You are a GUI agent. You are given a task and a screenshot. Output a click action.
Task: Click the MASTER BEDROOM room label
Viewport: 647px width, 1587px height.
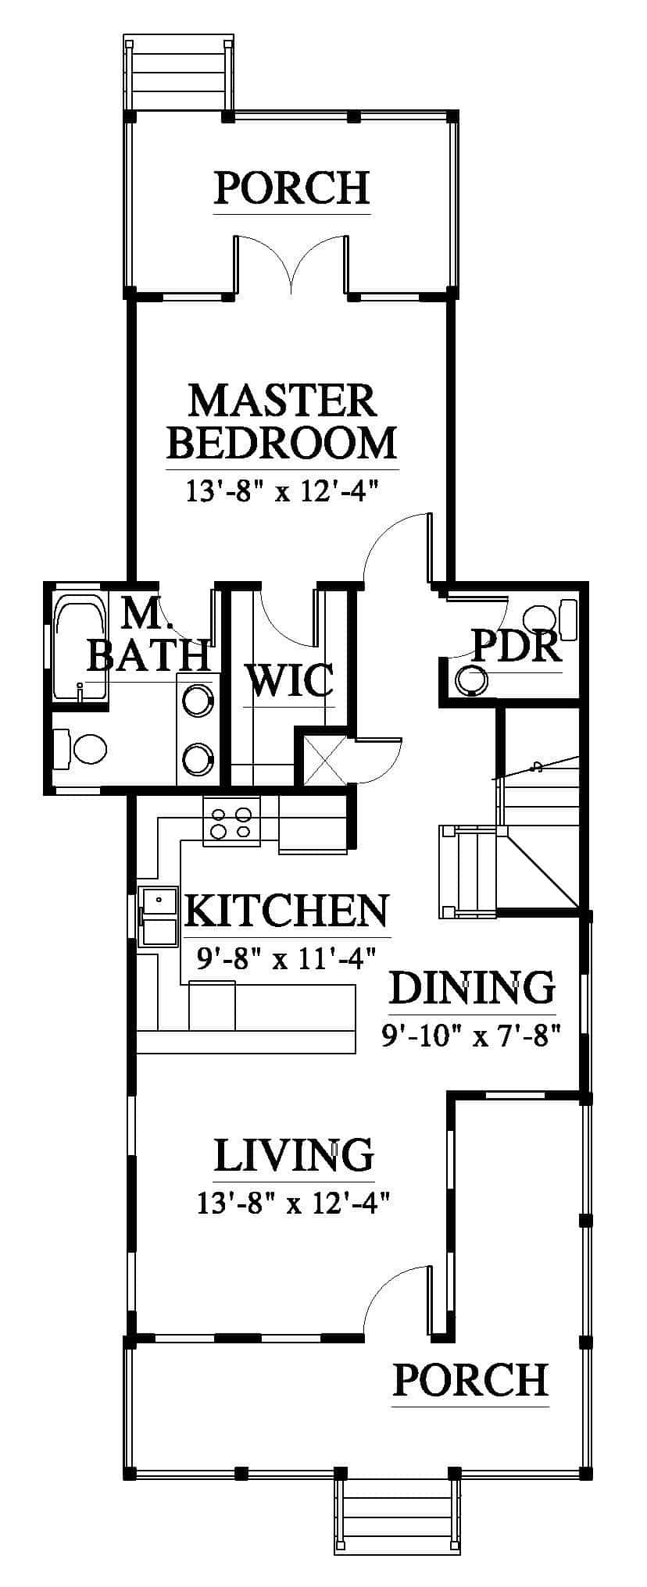point(282,422)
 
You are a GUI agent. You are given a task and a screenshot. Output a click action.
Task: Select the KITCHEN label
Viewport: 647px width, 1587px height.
point(287,910)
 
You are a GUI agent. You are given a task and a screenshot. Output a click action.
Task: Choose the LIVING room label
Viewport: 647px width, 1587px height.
point(294,1156)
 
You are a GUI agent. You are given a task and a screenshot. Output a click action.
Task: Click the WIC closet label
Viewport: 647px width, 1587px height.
point(290,680)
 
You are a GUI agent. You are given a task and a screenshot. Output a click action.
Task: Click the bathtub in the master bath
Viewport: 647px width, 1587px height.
point(78,645)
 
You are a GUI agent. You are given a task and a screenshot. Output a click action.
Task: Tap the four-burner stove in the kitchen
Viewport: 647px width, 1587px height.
point(232,821)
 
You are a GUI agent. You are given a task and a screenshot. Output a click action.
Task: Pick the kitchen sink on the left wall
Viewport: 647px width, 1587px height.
point(159,917)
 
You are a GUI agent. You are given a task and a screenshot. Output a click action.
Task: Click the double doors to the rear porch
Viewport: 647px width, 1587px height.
point(291,266)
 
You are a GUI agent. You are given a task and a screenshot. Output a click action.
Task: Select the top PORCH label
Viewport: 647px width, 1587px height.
point(291,188)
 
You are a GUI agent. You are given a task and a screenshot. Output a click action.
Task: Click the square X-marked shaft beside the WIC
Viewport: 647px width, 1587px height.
point(322,760)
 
